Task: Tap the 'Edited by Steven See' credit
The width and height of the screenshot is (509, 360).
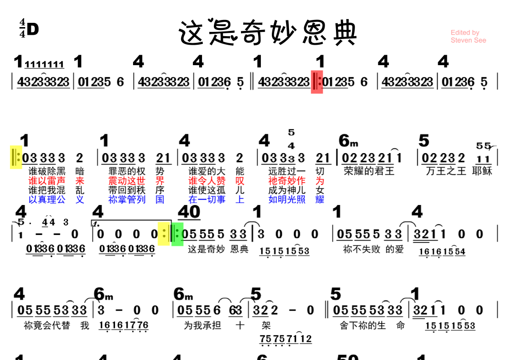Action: pos(468,37)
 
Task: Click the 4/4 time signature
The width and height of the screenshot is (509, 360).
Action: pos(22,29)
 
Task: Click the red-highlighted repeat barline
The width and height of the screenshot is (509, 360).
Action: pos(317,82)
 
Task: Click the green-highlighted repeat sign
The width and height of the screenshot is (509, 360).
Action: pos(177,234)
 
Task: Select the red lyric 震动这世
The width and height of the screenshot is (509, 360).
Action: pos(127,181)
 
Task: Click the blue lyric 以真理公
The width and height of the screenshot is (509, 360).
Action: pos(47,200)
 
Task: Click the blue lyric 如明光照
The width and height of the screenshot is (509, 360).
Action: pos(287,200)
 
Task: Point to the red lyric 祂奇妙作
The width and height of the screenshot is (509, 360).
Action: pos(287,181)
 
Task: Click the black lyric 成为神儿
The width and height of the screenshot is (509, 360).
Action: pos(287,190)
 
